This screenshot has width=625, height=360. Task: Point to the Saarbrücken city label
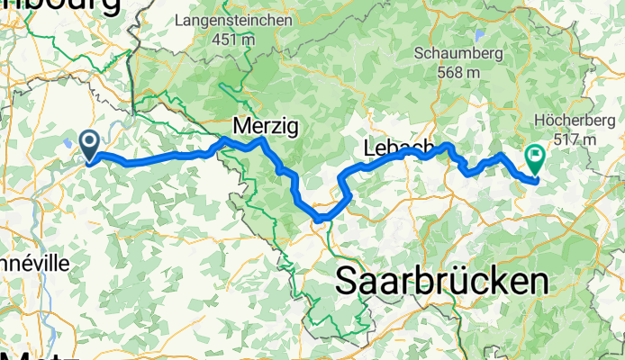[x=441, y=281]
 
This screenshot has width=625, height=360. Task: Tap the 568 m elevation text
[x=458, y=72]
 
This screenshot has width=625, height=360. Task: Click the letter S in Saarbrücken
[x=348, y=282]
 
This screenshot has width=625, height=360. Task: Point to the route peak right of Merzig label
[x=262, y=140]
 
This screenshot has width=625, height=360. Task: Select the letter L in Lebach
[x=371, y=147]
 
